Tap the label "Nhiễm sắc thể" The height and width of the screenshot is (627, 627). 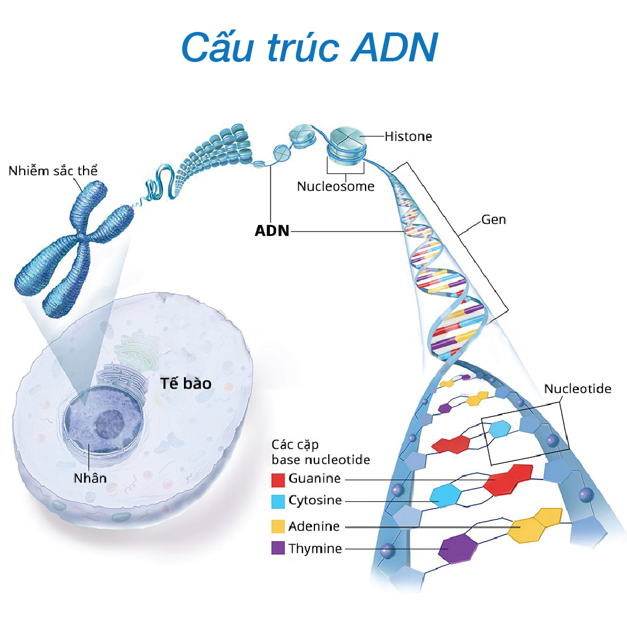pyautogui.click(x=53, y=170)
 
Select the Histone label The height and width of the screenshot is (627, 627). pyautogui.click(x=408, y=137)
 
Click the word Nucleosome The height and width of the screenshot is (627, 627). pyautogui.click(x=335, y=187)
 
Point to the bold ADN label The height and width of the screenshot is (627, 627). pyautogui.click(x=272, y=231)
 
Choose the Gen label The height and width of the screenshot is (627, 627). pyautogui.click(x=494, y=220)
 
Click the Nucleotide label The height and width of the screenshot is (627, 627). pyautogui.click(x=577, y=389)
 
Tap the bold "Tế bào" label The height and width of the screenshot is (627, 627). pyautogui.click(x=186, y=383)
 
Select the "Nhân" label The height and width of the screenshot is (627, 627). pyautogui.click(x=90, y=478)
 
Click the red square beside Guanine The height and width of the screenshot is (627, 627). pyautogui.click(x=278, y=480)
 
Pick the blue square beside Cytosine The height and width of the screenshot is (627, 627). pyautogui.click(x=278, y=501)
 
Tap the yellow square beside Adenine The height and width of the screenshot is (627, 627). pyautogui.click(x=278, y=527)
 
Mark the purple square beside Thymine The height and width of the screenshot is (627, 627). pyautogui.click(x=278, y=549)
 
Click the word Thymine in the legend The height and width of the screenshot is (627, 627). pyautogui.click(x=315, y=549)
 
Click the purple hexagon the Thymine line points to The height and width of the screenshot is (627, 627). pyautogui.click(x=458, y=548)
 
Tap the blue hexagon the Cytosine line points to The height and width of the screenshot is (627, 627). pyautogui.click(x=445, y=496)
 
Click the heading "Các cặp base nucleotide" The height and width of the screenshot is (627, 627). pyautogui.click(x=320, y=452)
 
